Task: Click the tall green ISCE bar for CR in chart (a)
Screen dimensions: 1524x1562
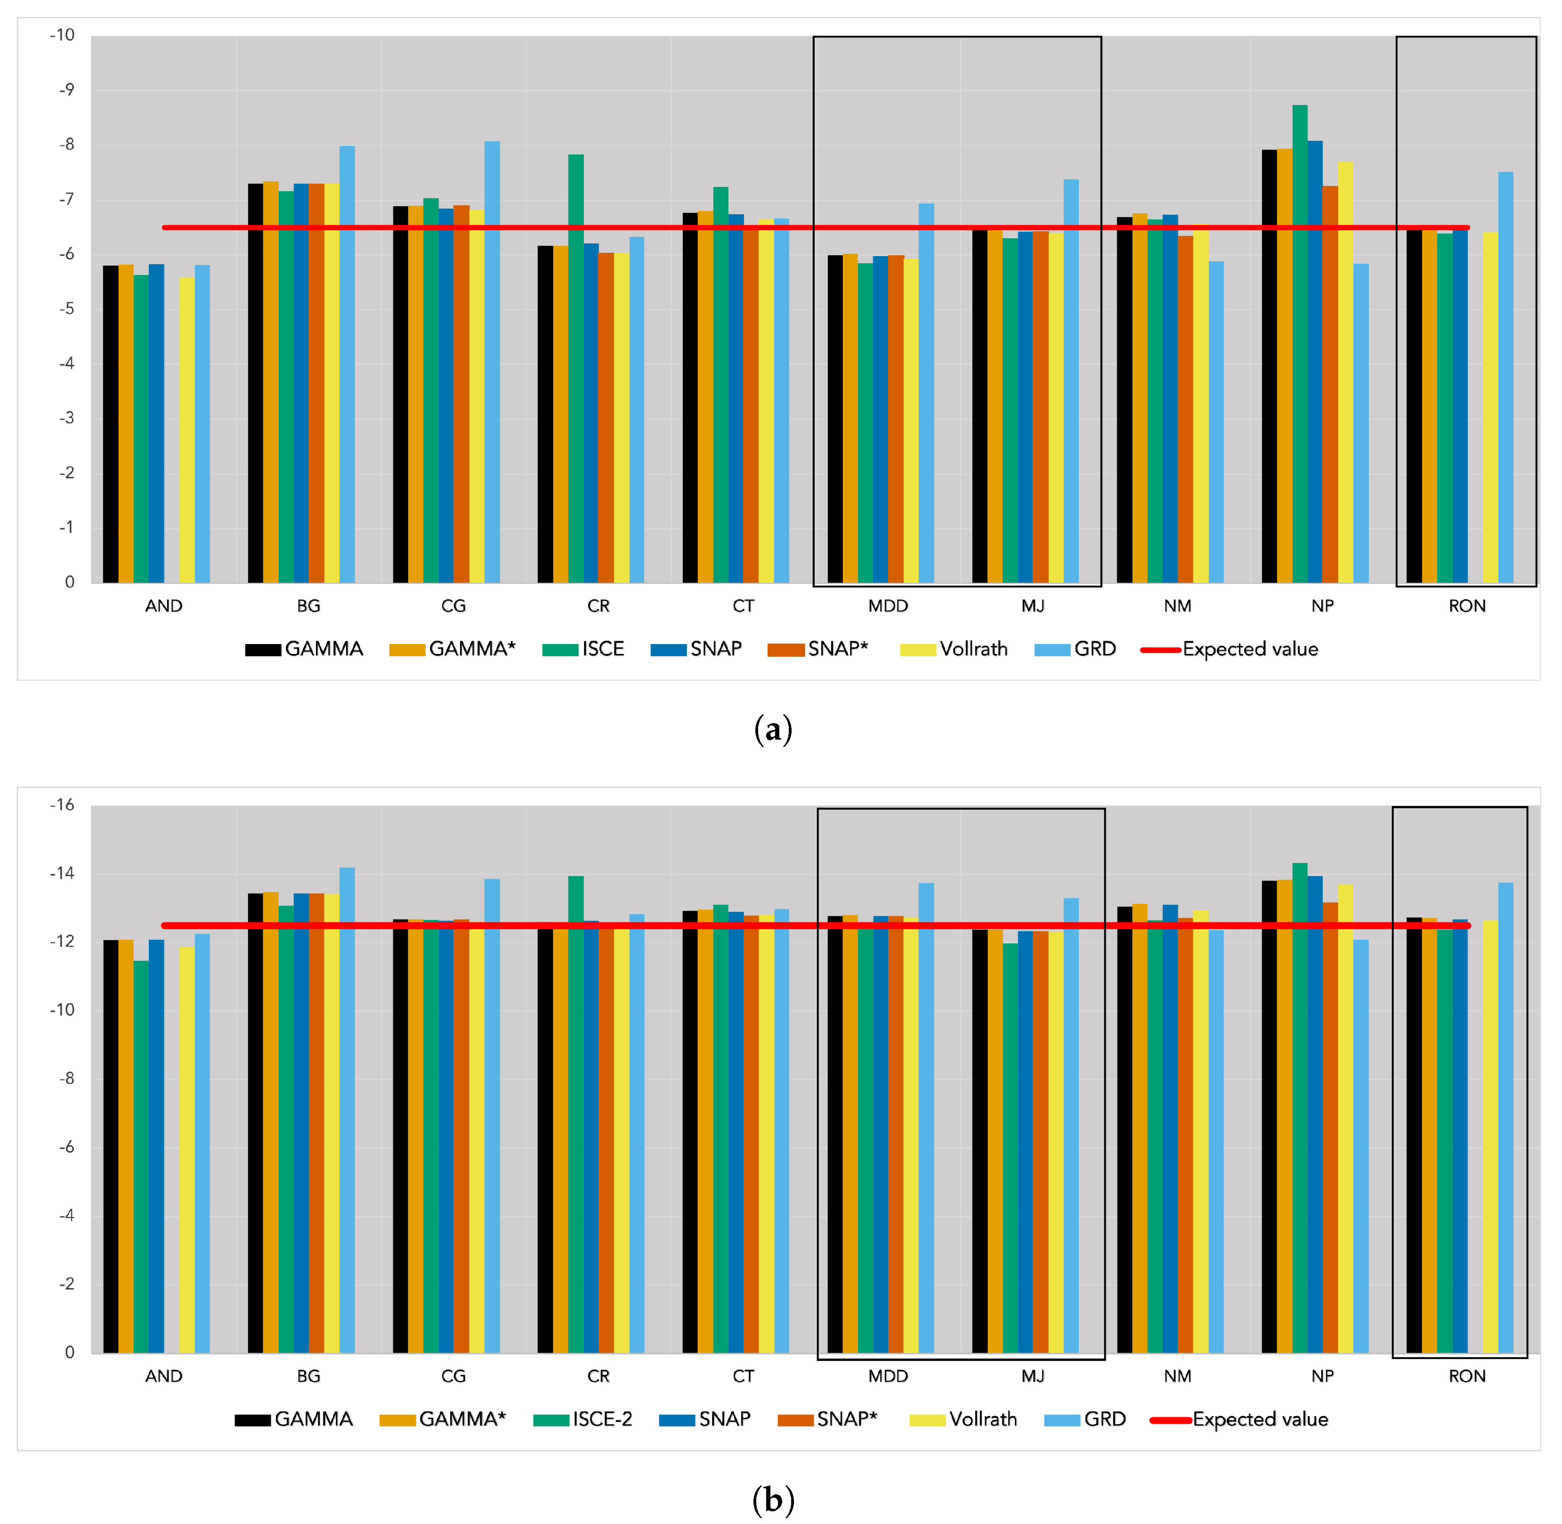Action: point(575,368)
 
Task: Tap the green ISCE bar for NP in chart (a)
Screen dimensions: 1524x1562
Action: point(1299,344)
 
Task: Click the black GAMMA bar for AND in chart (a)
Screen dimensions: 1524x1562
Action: point(111,424)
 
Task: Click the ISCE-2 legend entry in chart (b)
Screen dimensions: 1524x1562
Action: point(583,1419)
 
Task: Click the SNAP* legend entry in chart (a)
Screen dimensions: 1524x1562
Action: point(817,649)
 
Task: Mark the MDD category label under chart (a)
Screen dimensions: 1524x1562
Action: point(888,606)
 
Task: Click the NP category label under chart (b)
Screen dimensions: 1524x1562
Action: point(1322,1376)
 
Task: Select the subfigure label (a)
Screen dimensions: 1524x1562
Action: point(773,730)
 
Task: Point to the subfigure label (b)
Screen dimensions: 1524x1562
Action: point(773,1499)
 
